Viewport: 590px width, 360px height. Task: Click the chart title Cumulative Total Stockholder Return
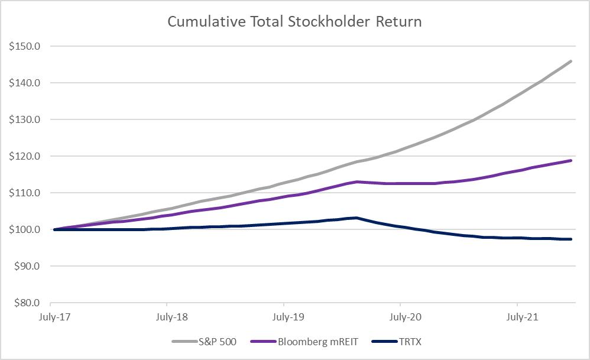[x=294, y=21]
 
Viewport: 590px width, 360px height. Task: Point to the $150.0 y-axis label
[x=24, y=46]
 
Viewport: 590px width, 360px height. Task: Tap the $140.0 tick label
[x=24, y=83]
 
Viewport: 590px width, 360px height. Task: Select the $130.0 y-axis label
[x=24, y=119]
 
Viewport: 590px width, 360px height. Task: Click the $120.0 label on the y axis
[x=24, y=156]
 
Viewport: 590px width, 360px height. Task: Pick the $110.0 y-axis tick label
[x=24, y=193]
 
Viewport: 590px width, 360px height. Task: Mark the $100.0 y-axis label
[x=24, y=229]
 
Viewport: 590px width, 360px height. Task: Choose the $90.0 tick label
[x=27, y=267]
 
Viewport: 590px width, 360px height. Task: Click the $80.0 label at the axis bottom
[x=27, y=303]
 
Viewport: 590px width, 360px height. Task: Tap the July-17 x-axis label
[x=54, y=317]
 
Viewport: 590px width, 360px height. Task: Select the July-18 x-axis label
[x=171, y=317]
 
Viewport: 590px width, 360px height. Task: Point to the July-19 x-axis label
[x=288, y=317]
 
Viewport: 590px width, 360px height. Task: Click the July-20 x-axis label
[x=405, y=317]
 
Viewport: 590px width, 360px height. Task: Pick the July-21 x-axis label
[x=522, y=317]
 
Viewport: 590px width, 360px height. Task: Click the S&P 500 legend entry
[x=205, y=342]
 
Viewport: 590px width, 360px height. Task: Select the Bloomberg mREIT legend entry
[x=304, y=342]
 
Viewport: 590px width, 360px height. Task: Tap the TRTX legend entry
[x=396, y=342]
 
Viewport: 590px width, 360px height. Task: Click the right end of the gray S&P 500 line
[x=571, y=61]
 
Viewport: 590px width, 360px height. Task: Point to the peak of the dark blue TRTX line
[x=356, y=218]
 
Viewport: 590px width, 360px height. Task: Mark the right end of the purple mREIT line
[x=571, y=161]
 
